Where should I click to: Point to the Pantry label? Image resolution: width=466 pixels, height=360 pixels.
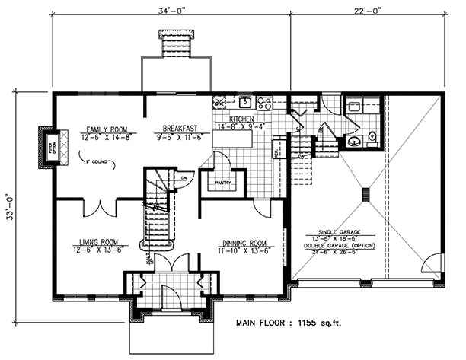tap(222, 183)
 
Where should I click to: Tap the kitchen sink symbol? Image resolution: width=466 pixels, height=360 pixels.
tap(246, 101)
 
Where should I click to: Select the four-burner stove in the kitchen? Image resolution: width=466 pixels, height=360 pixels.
tap(265, 102)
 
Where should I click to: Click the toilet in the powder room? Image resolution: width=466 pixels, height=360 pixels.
tap(372, 138)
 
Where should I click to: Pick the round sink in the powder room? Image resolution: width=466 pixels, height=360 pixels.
tap(353, 141)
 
